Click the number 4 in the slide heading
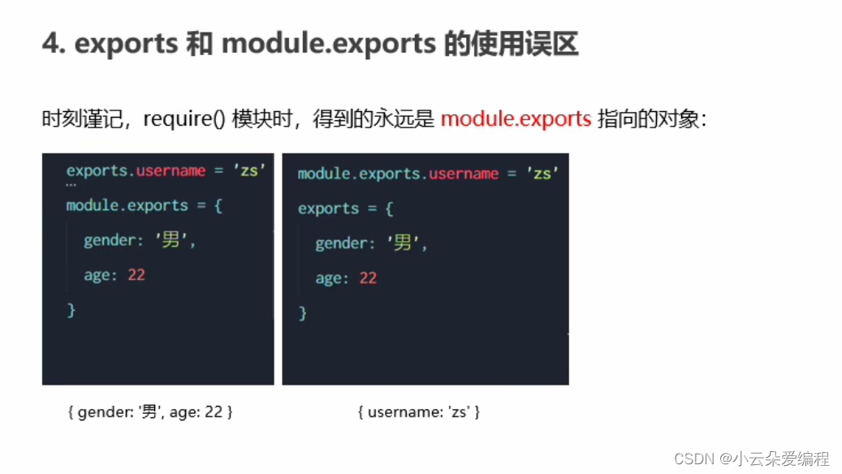tap(50, 44)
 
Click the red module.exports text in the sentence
tap(516, 119)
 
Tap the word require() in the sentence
tap(184, 119)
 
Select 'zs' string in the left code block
tap(249, 170)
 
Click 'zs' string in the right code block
tap(542, 174)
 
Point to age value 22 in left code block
tap(136, 275)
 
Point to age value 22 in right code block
tap(368, 278)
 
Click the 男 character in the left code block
tap(171, 240)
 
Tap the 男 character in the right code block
tap(403, 243)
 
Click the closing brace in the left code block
tap(71, 309)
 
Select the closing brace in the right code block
tap(303, 312)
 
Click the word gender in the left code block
tap(109, 241)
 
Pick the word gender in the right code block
tap(341, 244)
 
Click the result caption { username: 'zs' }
tap(419, 412)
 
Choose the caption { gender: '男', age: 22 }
tap(150, 412)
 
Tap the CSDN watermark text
tap(693, 459)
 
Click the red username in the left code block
tap(171, 170)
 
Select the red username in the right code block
tap(464, 174)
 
